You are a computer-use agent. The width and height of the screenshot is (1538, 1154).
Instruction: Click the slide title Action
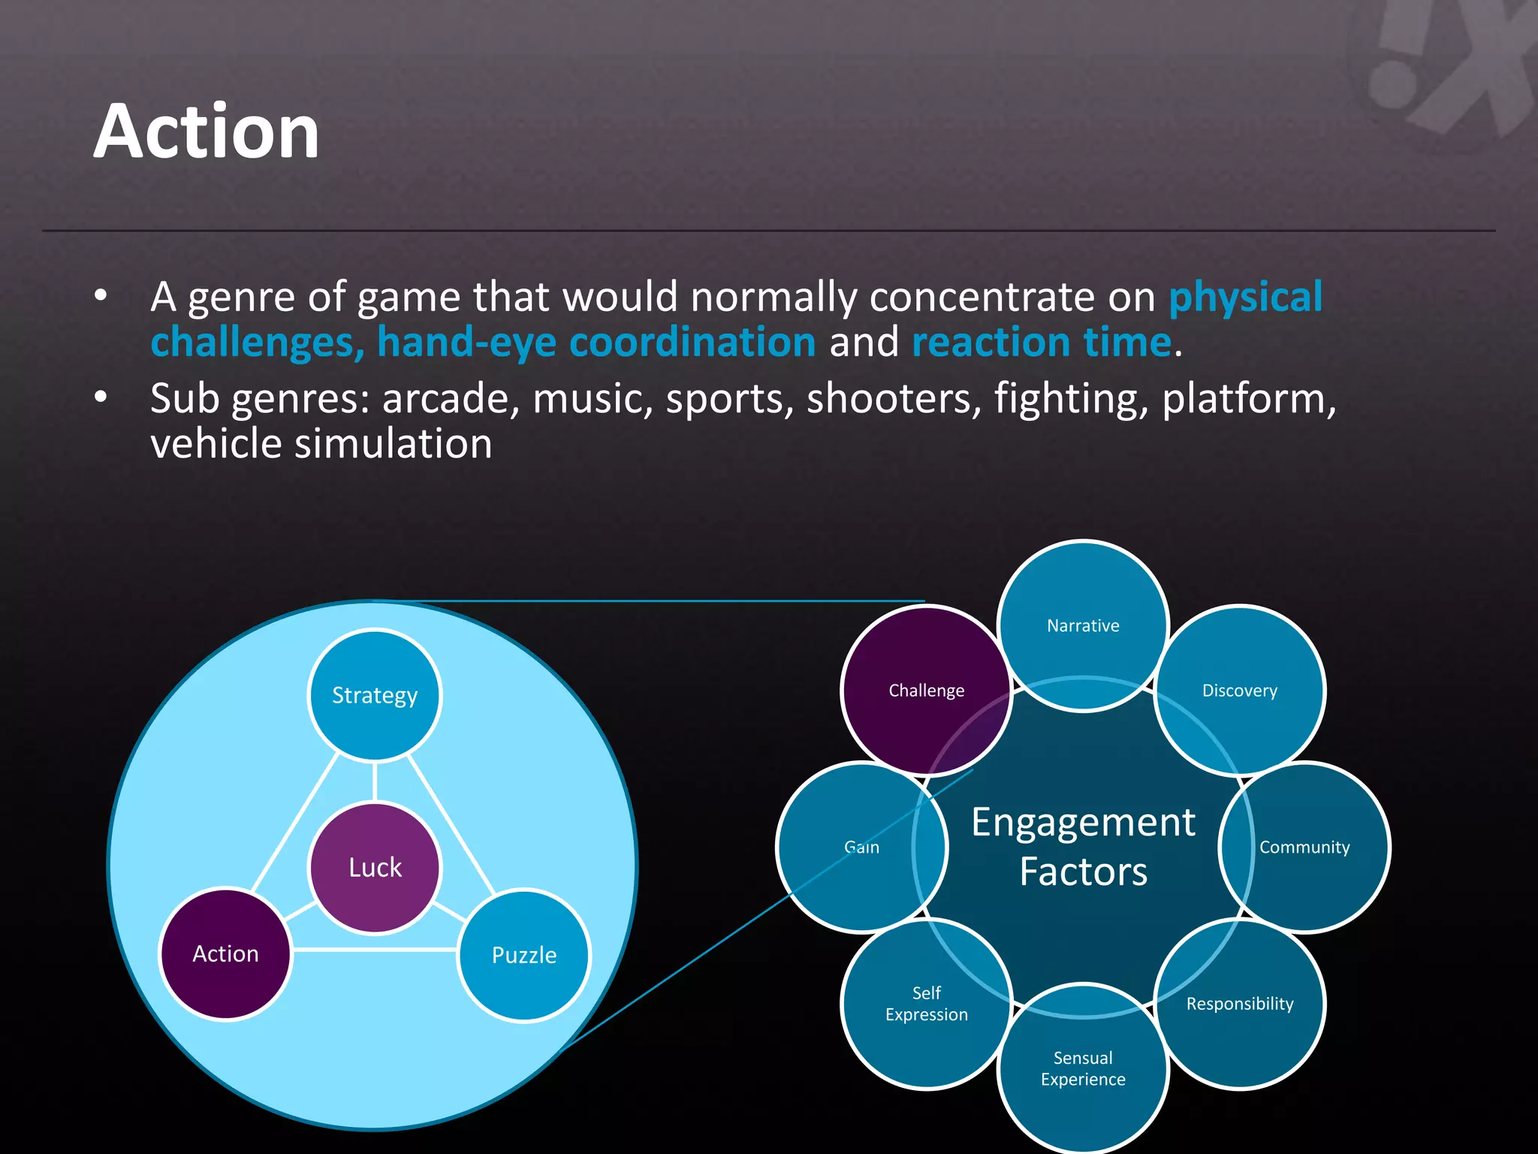[207, 132]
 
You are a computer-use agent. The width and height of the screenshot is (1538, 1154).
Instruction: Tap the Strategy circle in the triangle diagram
[374, 695]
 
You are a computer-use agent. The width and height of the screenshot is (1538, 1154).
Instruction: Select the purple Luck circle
[374, 867]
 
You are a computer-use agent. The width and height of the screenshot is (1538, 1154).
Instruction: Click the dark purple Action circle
[225, 953]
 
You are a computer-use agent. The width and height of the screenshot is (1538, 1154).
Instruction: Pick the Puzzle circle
[523, 955]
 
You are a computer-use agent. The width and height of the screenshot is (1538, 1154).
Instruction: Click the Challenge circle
[925, 690]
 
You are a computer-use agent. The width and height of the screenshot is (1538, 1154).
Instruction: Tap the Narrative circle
[1082, 625]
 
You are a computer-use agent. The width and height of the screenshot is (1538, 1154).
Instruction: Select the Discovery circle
[1239, 690]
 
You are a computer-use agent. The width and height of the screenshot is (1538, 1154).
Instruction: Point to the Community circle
[1304, 847]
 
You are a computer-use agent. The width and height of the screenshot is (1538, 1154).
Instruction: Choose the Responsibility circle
[1239, 1004]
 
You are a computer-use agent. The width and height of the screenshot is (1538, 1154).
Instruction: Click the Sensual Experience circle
[1082, 1068]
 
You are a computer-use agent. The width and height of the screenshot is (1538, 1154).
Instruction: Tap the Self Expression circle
[925, 1004]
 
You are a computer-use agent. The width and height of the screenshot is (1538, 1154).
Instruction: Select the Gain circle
[861, 847]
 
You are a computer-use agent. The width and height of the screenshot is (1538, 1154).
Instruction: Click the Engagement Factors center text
[1082, 847]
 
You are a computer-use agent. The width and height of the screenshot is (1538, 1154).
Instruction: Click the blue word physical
[1245, 298]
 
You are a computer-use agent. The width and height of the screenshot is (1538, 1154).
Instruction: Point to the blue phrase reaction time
[1041, 343]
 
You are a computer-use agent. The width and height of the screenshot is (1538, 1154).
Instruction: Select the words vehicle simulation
[321, 443]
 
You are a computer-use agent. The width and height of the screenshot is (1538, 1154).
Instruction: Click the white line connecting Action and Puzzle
[374, 950]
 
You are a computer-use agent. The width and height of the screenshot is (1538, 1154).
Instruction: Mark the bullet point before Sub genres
[101, 397]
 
